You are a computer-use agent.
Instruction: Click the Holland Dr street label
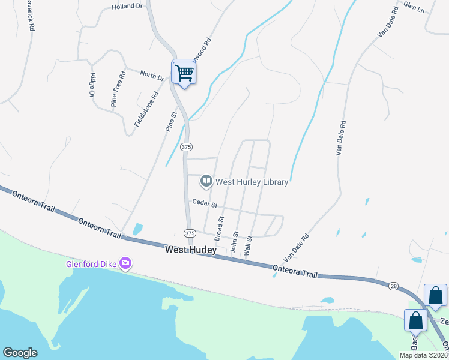coord(128,7)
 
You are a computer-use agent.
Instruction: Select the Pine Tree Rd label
coord(117,89)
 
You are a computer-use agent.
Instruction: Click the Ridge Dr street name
coord(92,85)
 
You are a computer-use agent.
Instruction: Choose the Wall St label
coord(248,246)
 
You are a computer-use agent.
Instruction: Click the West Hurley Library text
coord(252,181)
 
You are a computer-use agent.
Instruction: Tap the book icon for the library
coord(206,181)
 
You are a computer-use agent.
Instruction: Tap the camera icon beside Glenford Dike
coord(125,263)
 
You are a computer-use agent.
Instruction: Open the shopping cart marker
coord(184,74)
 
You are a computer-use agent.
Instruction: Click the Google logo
coord(20,353)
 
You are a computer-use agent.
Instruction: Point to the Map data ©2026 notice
coord(423,355)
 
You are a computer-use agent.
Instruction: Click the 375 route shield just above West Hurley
coord(190,233)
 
